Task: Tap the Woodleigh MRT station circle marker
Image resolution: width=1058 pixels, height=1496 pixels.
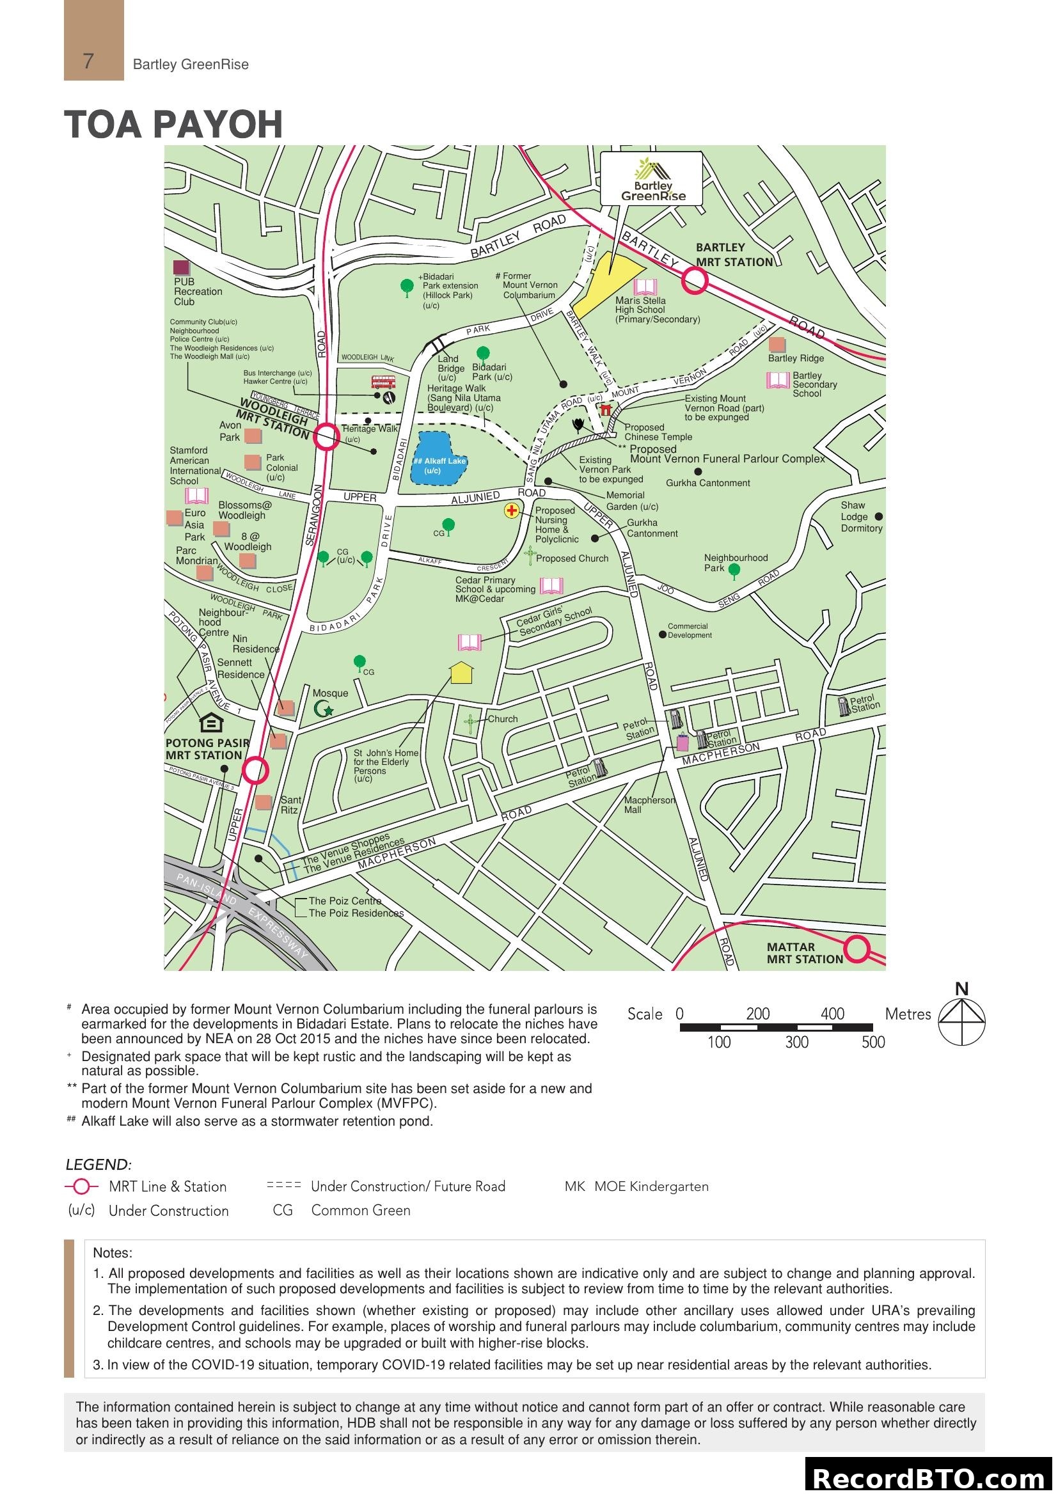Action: (326, 437)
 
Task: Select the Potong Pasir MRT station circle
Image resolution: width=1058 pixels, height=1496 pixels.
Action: (255, 770)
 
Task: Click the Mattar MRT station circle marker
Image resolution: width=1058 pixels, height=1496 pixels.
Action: (857, 949)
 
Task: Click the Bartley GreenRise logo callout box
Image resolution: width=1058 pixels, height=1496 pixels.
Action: (651, 178)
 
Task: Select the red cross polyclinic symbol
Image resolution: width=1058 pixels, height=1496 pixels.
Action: (512, 510)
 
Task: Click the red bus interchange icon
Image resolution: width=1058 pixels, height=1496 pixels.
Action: (383, 382)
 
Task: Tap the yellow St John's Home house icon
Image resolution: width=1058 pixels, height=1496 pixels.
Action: (461, 672)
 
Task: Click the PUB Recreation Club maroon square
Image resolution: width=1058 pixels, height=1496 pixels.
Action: (181, 267)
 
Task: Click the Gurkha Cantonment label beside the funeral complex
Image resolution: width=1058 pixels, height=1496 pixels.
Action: (707, 483)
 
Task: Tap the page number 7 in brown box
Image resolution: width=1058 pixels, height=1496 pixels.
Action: (89, 61)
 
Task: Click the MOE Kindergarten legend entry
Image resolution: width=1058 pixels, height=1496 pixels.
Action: (636, 1186)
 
